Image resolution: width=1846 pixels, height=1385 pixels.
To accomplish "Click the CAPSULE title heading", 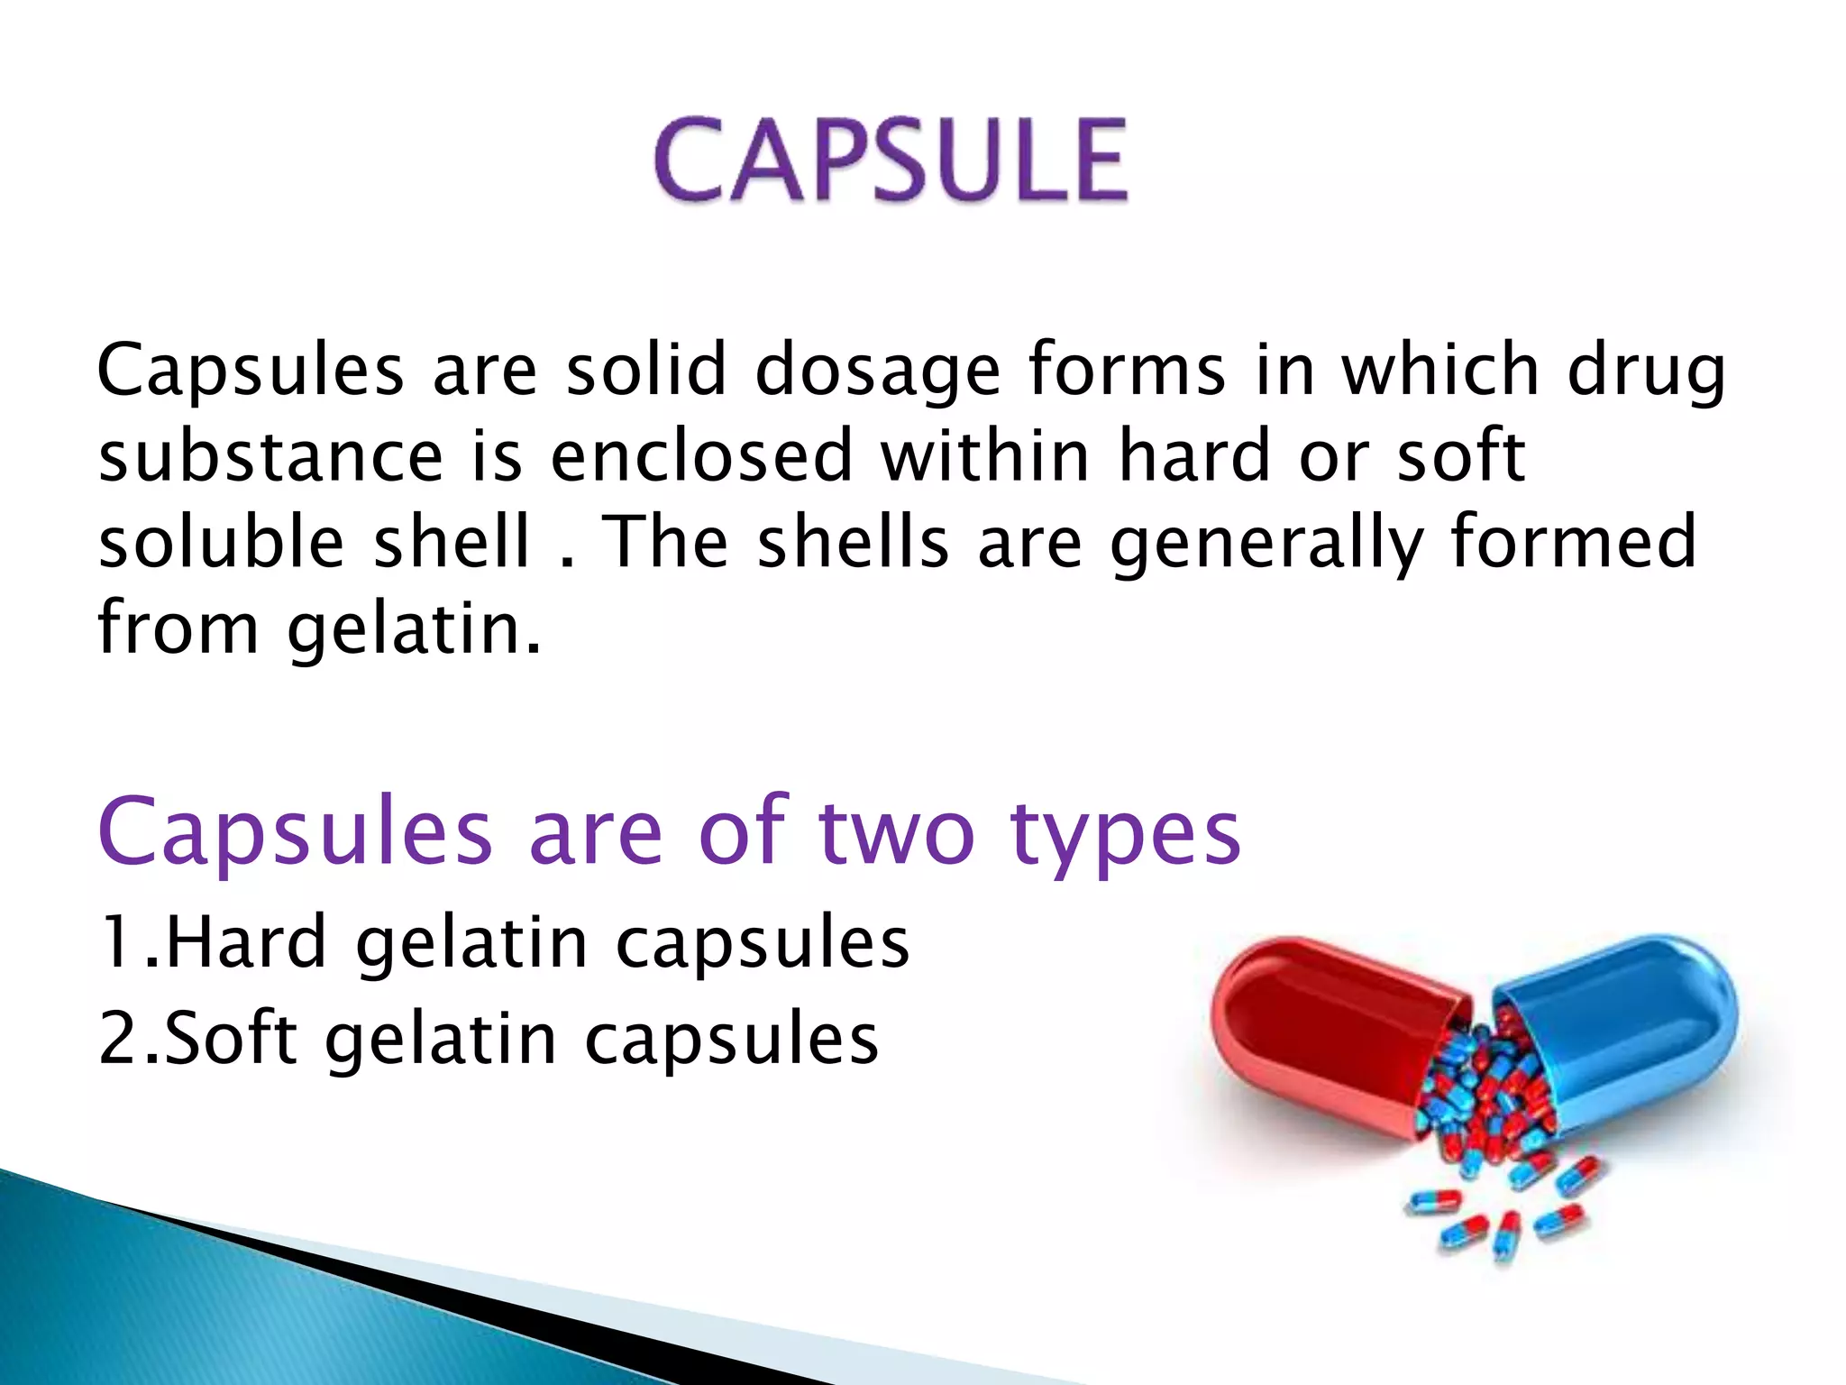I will tap(891, 161).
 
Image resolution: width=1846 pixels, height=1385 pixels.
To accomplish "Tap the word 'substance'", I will tap(270, 456).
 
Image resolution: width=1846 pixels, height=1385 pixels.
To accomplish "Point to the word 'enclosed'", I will tap(701, 456).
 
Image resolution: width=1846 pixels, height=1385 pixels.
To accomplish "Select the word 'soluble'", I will tap(222, 542).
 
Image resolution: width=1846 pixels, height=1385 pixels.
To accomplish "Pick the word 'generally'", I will tap(1266, 544).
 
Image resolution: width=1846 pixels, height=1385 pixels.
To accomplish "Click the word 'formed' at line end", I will tap(1574, 542).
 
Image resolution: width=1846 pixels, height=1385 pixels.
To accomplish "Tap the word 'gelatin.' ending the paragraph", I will tap(415, 629).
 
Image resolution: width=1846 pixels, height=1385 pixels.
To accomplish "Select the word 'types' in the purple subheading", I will tap(1126, 834).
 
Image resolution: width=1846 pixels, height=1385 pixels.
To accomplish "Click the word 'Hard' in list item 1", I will tap(245, 943).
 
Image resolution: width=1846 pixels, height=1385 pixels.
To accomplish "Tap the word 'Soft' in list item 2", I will tap(230, 1039).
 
